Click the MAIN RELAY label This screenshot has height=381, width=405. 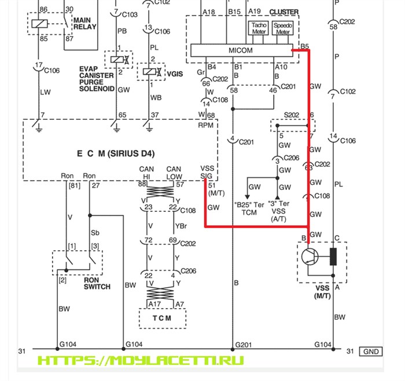(85, 23)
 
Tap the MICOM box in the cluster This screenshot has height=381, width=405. (245, 51)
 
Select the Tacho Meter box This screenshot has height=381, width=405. (257, 29)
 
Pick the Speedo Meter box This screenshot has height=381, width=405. (283, 29)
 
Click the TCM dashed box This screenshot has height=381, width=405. (163, 317)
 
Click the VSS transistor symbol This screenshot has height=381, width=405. (311, 255)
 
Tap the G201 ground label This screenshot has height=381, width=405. (243, 345)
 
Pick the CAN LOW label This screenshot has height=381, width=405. (174, 172)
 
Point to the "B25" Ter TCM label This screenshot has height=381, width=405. (249, 208)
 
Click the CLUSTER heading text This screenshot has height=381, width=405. (284, 12)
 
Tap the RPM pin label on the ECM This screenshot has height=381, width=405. (205, 124)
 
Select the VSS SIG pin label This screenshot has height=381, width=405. (207, 172)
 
